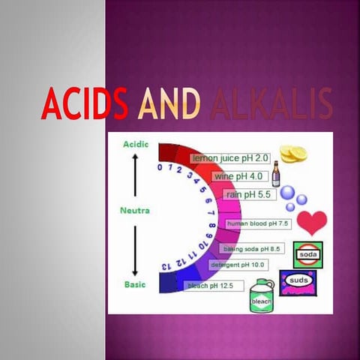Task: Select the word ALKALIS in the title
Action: point(271,104)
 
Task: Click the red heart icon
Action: point(311,221)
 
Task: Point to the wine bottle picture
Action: point(275,174)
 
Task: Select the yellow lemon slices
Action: point(294,154)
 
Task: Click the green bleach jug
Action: point(261,295)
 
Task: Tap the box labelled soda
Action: point(307,253)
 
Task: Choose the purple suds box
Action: point(298,282)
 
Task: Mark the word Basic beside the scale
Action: point(134,284)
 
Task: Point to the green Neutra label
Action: point(135,211)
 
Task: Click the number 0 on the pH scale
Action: point(160,167)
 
